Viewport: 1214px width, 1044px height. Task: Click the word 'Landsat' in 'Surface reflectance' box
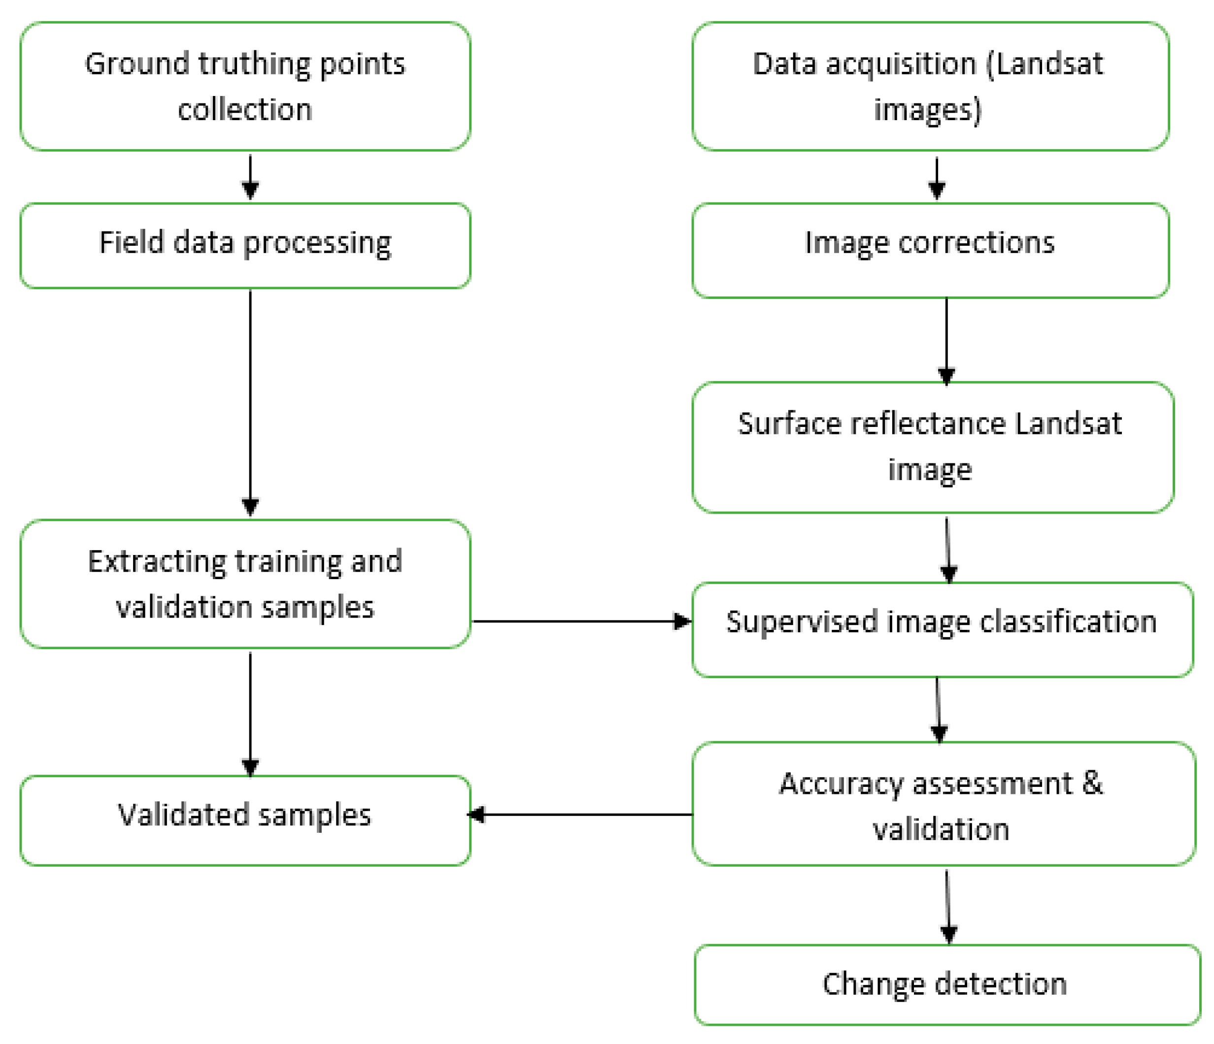point(1068,424)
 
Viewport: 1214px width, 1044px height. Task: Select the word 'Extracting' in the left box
point(157,561)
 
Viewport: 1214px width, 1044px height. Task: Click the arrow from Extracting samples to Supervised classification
point(580,621)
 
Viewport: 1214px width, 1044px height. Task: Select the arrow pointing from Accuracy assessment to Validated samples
point(580,815)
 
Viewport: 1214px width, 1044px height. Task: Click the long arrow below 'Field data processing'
point(250,401)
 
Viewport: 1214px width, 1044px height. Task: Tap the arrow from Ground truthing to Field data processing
point(250,177)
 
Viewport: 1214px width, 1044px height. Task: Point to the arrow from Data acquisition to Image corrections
point(936,177)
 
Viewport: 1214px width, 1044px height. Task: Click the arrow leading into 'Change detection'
point(947,905)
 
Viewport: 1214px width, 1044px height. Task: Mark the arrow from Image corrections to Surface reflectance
point(946,340)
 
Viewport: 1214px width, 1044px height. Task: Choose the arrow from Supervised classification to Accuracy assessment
point(938,709)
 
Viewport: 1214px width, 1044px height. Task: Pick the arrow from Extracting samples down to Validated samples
point(250,712)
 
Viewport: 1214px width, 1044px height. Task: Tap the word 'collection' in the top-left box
point(245,109)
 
